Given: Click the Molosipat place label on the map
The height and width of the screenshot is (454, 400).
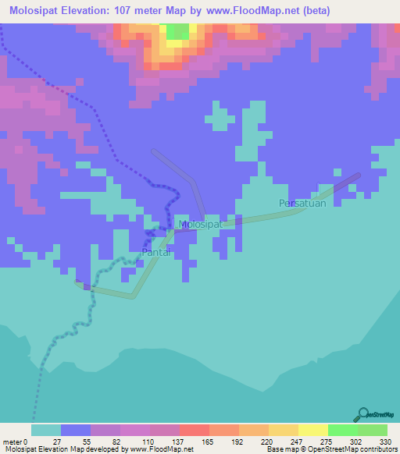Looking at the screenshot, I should point(201,225).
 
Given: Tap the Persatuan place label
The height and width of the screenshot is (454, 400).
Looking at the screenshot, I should point(301,204).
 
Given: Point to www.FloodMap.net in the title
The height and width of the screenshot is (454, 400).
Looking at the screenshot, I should point(245,11).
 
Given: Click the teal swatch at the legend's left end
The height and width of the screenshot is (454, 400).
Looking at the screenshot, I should point(45,430).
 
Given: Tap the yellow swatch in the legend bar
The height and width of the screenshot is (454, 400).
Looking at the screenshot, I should point(312,430).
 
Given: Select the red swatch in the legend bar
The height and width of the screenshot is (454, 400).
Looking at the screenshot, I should point(194,430).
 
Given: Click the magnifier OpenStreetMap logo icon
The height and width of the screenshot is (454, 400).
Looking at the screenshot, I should point(362,414).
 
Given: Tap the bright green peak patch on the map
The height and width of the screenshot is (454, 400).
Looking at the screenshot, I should point(177,31).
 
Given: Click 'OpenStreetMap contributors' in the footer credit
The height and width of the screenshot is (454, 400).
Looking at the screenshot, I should point(348,449).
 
